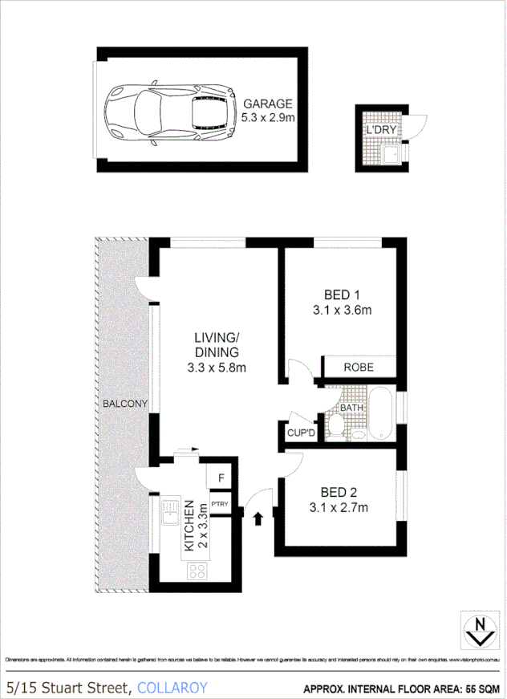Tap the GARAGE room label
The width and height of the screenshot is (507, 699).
point(267,104)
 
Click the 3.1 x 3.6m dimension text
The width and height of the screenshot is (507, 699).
point(342,310)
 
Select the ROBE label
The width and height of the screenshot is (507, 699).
point(358,368)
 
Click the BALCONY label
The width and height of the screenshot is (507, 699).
point(124,404)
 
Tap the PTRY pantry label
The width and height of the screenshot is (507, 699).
point(220,504)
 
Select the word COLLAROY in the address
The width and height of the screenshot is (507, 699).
point(172,687)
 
